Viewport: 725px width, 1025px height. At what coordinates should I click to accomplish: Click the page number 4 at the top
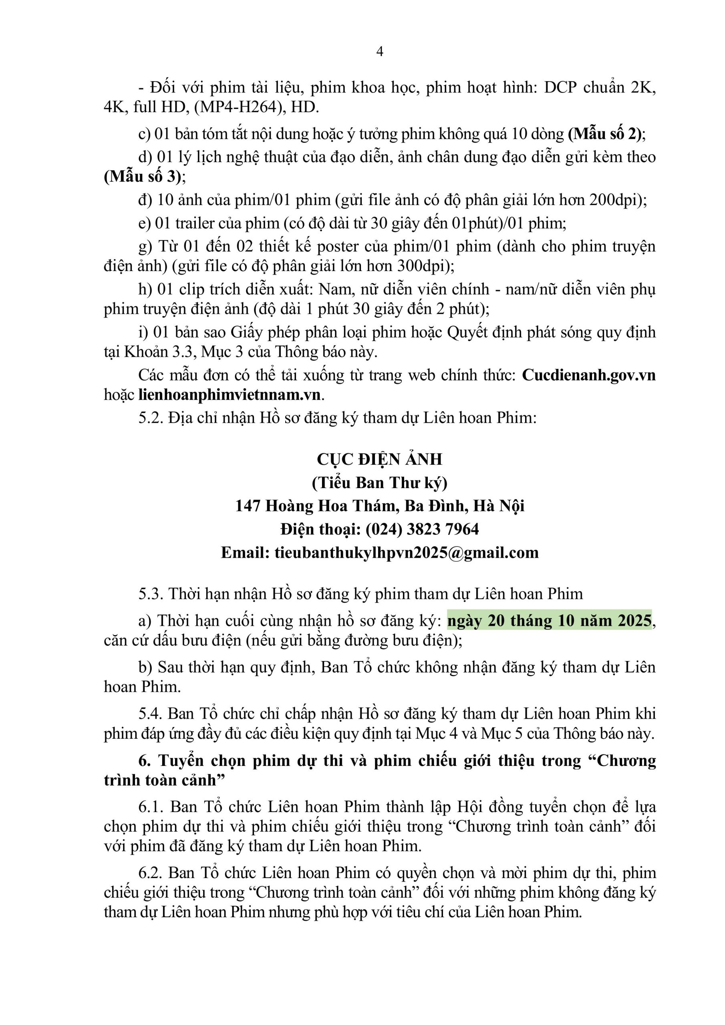[x=380, y=52]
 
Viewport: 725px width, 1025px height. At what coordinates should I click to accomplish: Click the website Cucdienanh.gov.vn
[x=588, y=375]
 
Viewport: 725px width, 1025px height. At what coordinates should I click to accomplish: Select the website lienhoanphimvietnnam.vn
[x=230, y=395]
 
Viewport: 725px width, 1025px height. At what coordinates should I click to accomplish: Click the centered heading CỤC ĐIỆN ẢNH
[x=380, y=459]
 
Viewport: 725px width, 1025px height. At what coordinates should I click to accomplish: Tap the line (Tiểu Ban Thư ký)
[x=380, y=482]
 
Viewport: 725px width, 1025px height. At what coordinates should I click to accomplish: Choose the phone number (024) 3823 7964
[x=422, y=529]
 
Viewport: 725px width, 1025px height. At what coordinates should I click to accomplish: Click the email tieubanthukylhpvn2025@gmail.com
[x=407, y=553]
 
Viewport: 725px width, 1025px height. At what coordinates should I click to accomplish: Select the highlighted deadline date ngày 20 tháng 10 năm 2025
[x=550, y=621]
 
